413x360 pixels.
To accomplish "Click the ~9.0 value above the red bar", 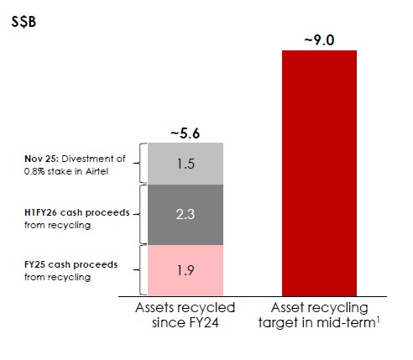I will (319, 39).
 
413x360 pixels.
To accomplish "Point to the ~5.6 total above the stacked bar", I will (186, 133).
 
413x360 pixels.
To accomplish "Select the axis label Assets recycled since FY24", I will (186, 316).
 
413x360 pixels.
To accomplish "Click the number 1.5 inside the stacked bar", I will (186, 164).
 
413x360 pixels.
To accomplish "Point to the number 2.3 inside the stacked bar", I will (186, 215).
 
